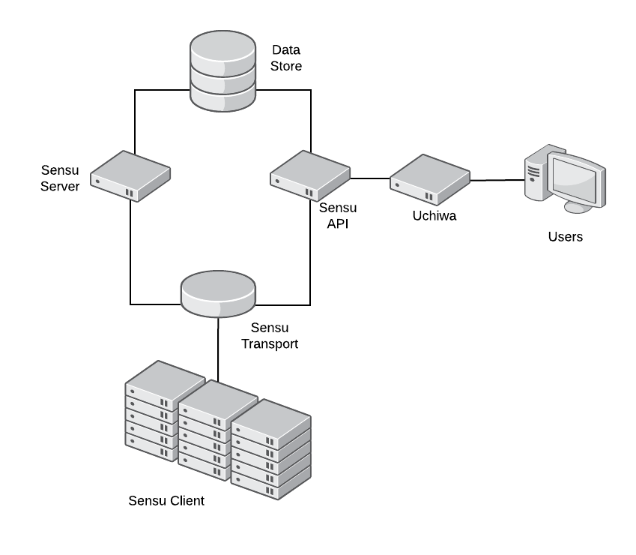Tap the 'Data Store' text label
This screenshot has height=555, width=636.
pos(286,59)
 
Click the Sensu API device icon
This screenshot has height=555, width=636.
pos(310,175)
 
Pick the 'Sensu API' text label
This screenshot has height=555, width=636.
pos(337,214)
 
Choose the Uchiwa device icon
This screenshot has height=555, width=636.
pos(429,180)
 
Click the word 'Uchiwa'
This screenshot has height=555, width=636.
pos(434,216)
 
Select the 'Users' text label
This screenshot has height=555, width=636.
pos(565,237)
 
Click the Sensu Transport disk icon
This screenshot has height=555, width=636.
pos(218,294)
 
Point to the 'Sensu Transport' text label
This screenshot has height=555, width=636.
pos(274,336)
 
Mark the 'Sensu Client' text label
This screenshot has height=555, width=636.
pos(166,501)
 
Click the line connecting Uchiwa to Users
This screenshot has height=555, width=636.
pos(496,180)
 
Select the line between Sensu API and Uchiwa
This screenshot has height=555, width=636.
pos(370,178)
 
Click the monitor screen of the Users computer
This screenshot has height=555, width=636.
pos(575,175)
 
